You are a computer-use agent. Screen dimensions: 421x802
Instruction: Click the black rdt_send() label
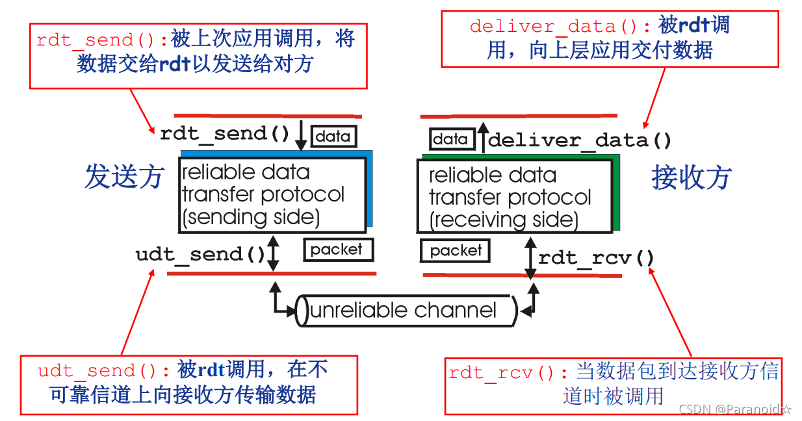coord(224,134)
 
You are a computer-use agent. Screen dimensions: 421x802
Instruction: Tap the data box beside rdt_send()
coord(334,136)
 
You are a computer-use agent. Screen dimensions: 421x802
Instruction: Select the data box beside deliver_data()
coord(450,139)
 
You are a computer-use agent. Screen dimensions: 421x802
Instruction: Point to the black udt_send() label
coord(200,254)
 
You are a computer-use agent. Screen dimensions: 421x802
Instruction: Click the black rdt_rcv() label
coord(596,259)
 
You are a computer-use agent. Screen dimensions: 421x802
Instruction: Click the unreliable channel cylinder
coord(406,311)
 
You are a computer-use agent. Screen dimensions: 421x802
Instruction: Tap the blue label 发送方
coord(123,177)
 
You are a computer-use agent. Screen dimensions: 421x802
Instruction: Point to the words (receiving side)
coord(504,220)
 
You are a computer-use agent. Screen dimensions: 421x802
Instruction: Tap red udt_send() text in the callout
coord(107,371)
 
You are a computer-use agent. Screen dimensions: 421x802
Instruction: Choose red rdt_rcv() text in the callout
coord(509,373)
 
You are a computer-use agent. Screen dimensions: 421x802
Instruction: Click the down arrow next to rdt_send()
coord(301,134)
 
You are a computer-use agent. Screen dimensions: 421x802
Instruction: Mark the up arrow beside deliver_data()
coord(482,136)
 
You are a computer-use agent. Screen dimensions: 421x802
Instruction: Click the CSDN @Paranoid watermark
coord(734,409)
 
